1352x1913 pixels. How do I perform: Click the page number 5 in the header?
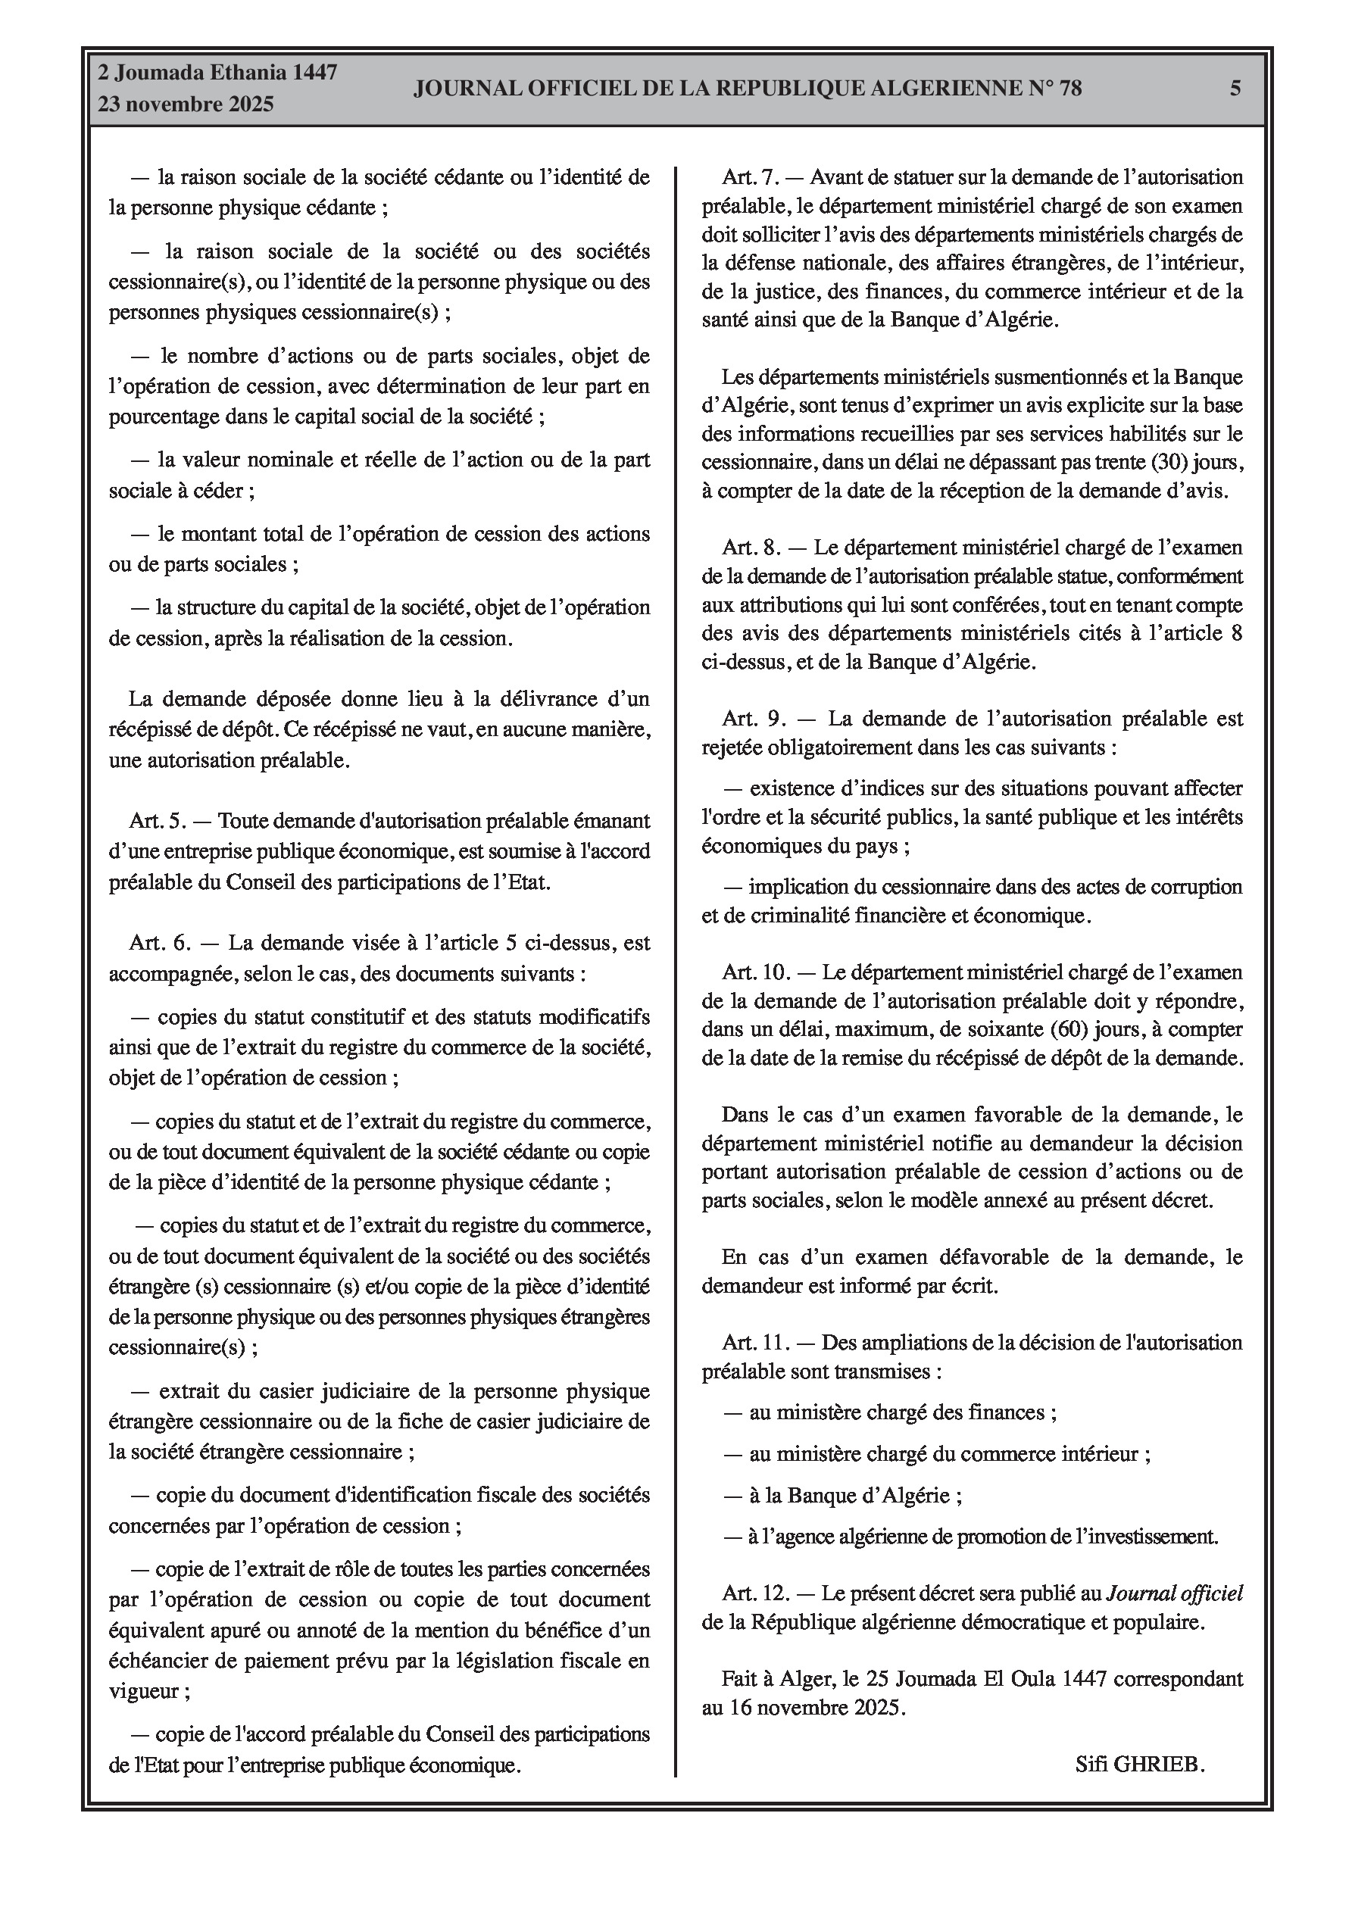pos(1235,89)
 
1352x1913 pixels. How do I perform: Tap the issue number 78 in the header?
pos(1069,89)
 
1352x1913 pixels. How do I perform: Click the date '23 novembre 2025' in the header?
pos(186,105)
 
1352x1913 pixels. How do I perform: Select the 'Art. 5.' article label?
pos(158,821)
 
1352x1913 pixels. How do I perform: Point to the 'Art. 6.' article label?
pos(159,942)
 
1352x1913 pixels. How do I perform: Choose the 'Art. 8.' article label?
pos(752,548)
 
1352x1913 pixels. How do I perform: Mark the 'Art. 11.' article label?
pos(755,1342)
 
